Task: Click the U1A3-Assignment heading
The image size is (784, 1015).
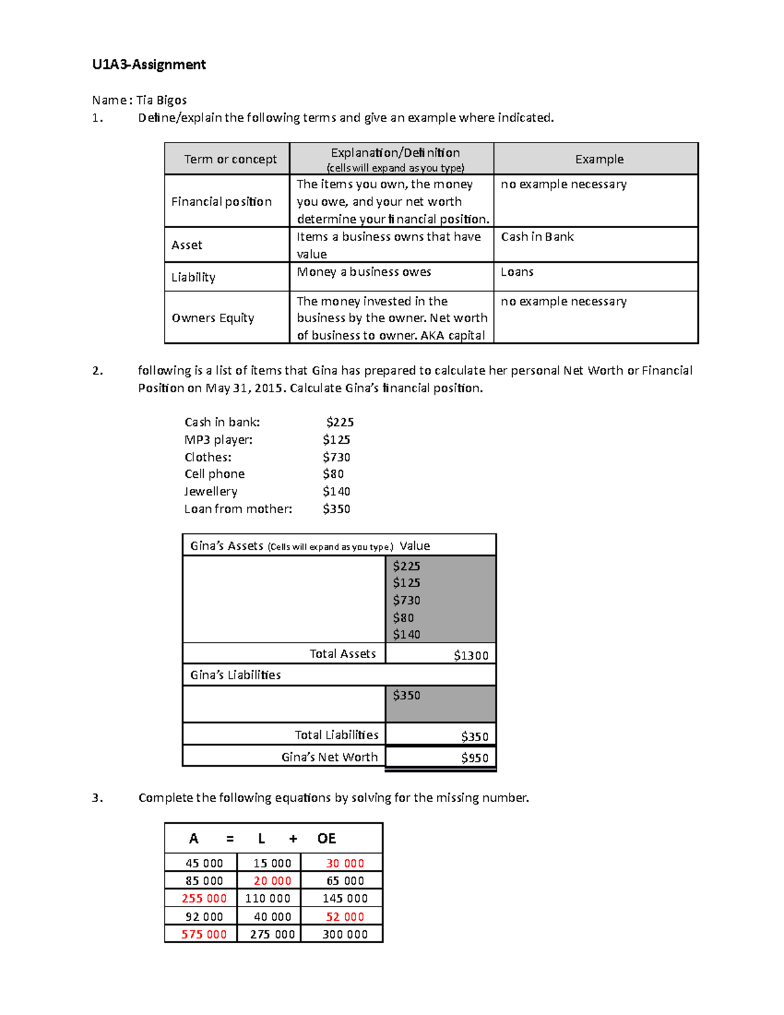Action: pos(149,64)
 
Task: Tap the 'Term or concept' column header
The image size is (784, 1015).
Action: pos(230,159)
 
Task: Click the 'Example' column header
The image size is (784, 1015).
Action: pos(599,159)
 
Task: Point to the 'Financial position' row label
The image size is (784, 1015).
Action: pos(221,201)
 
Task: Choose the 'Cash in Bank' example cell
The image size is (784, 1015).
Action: pos(537,237)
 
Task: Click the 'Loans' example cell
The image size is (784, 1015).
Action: pos(517,272)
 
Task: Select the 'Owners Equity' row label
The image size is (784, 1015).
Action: pos(213,318)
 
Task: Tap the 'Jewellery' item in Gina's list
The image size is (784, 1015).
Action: pos(211,491)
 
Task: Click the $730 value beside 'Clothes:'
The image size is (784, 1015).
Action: pos(336,457)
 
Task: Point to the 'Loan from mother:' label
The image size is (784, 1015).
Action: pos(238,508)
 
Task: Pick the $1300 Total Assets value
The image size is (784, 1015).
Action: pos(471,655)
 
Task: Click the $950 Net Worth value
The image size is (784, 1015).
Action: pos(475,757)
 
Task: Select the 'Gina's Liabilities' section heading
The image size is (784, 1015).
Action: pos(235,674)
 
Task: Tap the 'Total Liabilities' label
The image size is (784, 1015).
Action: pos(336,735)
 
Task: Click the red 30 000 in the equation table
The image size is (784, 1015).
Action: pos(345,863)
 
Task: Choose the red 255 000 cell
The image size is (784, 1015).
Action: pos(204,899)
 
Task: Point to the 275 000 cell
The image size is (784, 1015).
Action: pos(272,934)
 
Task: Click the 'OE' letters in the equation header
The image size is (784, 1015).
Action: pos(327,839)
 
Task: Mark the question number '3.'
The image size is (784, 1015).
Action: pos(97,797)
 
